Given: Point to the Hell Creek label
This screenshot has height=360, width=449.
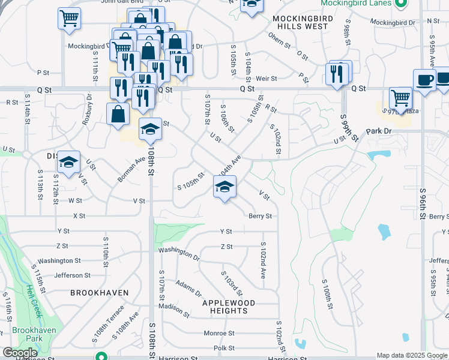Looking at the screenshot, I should click(33, 300).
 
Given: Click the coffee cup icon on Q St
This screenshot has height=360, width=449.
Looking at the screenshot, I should click(424, 80).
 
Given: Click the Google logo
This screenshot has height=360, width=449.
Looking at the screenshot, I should click(20, 353).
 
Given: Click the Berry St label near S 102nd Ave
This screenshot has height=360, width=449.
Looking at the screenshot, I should click(260, 216).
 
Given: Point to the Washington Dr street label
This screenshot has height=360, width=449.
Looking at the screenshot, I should click(179, 253).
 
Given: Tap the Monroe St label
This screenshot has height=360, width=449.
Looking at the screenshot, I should click(218, 333).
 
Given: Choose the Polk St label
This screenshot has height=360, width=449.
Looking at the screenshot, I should click(223, 348).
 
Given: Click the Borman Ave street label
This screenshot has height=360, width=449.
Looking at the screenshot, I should click(132, 170).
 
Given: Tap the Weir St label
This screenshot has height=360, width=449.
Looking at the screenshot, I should click(266, 78).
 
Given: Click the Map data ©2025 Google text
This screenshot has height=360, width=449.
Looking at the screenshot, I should click(412, 355).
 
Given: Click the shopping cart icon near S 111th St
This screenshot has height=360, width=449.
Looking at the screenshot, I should click(70, 18).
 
